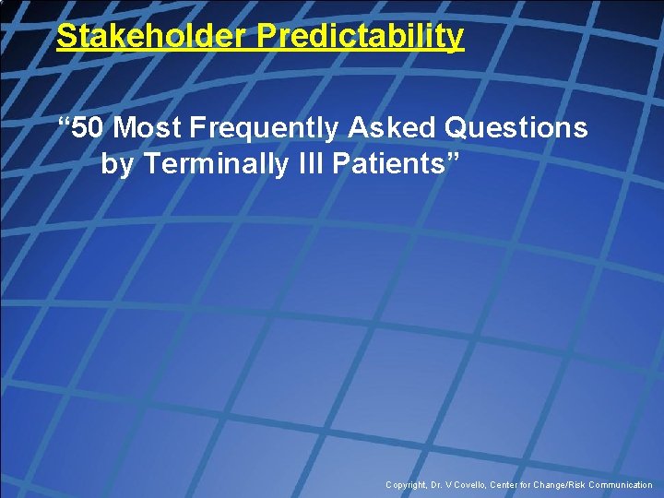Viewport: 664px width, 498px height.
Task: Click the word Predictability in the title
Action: click(x=361, y=37)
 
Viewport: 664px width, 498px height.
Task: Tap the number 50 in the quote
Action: click(x=89, y=127)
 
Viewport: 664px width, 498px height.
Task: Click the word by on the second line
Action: click(x=117, y=164)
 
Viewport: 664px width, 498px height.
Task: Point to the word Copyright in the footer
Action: click(x=407, y=485)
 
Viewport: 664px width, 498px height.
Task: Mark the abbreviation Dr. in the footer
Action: click(x=439, y=485)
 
